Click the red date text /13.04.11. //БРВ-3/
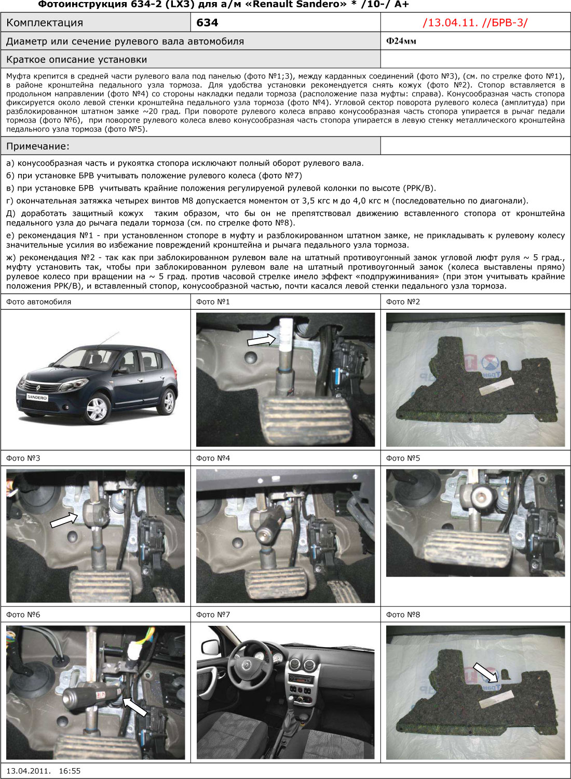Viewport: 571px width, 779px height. (475, 23)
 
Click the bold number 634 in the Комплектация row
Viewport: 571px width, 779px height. (207, 23)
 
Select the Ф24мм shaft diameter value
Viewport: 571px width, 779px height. (401, 41)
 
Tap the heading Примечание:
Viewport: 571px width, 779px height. (37, 146)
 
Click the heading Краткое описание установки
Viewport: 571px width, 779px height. (76, 60)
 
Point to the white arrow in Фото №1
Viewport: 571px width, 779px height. (261, 340)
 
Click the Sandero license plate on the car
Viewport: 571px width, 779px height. (37, 397)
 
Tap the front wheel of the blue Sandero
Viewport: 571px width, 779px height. (96, 409)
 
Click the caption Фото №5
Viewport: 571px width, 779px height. (403, 459)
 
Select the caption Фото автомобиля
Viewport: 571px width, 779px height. (38, 302)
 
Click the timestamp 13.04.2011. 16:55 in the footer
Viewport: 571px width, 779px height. (44, 771)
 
